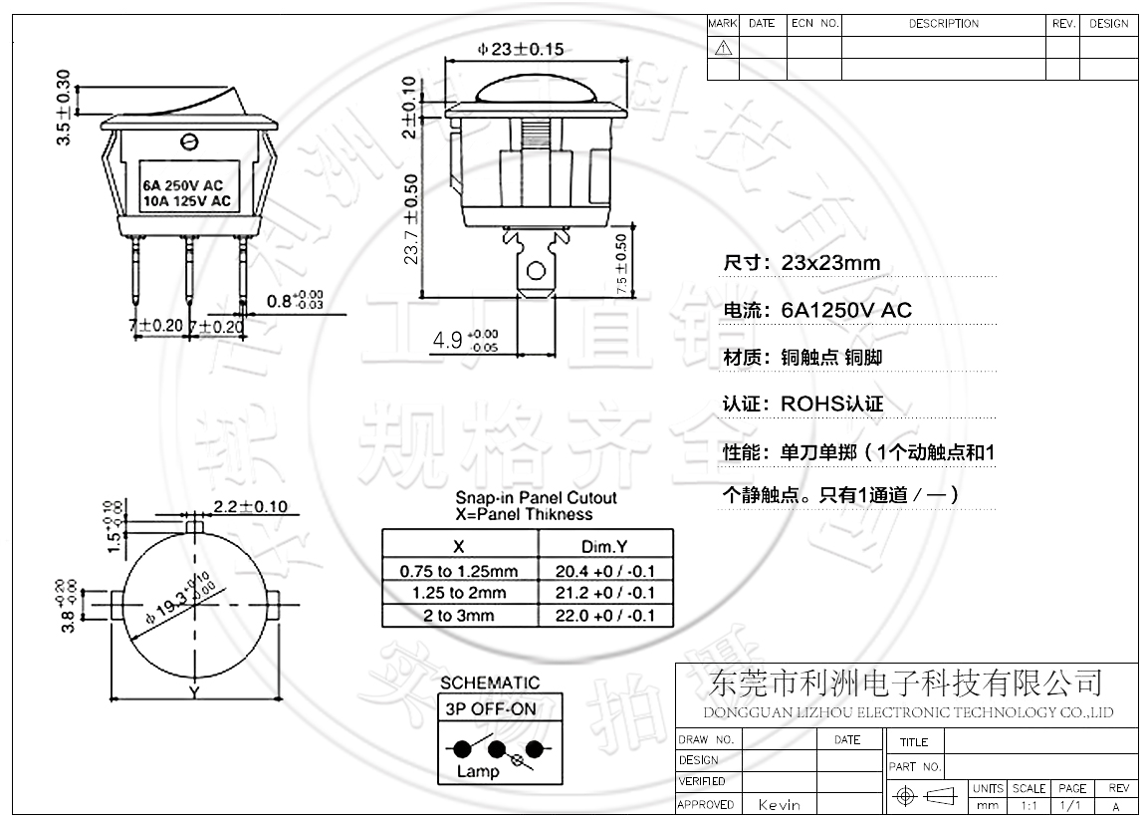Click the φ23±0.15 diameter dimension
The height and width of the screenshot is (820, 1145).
(x=521, y=49)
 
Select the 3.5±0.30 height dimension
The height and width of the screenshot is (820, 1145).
(x=64, y=108)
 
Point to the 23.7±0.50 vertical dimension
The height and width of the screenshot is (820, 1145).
(x=410, y=218)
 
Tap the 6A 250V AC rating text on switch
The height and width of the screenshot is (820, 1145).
(x=182, y=185)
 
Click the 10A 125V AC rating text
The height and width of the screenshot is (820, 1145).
(x=186, y=201)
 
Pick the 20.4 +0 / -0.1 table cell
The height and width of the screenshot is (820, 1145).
(x=604, y=571)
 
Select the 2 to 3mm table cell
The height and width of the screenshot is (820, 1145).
(x=459, y=615)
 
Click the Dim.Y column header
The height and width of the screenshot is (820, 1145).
(x=604, y=546)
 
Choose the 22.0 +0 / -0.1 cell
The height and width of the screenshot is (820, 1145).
(x=604, y=615)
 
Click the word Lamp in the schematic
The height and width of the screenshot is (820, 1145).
(x=477, y=771)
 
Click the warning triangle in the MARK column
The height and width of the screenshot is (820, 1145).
(x=723, y=47)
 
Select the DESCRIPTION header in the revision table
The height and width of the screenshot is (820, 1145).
(x=943, y=24)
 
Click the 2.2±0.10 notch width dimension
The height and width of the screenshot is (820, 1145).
(x=249, y=506)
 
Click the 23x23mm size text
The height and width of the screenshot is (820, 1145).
(x=831, y=263)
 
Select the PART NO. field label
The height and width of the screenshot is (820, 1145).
(x=914, y=767)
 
